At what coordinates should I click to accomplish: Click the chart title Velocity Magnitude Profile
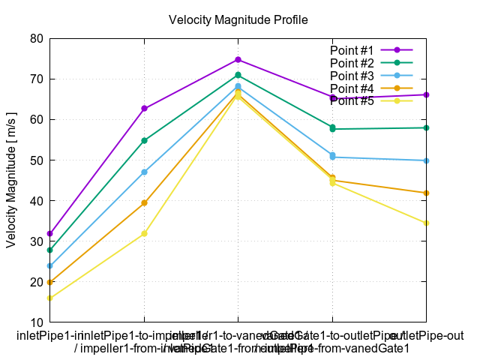point(238,19)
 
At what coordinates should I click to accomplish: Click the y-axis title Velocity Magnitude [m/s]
point(11,179)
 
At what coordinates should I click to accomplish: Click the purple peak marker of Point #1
point(238,60)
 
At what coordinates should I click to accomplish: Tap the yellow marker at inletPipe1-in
point(50,298)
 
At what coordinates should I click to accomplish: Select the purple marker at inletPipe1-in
point(50,234)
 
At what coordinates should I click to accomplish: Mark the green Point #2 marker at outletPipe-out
point(426,128)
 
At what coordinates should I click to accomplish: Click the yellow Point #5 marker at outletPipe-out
point(426,223)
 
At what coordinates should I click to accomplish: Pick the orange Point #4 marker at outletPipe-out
point(426,193)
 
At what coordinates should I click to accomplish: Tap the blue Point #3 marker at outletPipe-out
point(426,160)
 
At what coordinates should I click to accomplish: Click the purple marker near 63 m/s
point(144,109)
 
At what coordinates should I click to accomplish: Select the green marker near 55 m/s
point(144,141)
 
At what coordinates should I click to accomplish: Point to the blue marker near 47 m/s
point(144,172)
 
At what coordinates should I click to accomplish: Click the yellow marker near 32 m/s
point(144,234)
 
